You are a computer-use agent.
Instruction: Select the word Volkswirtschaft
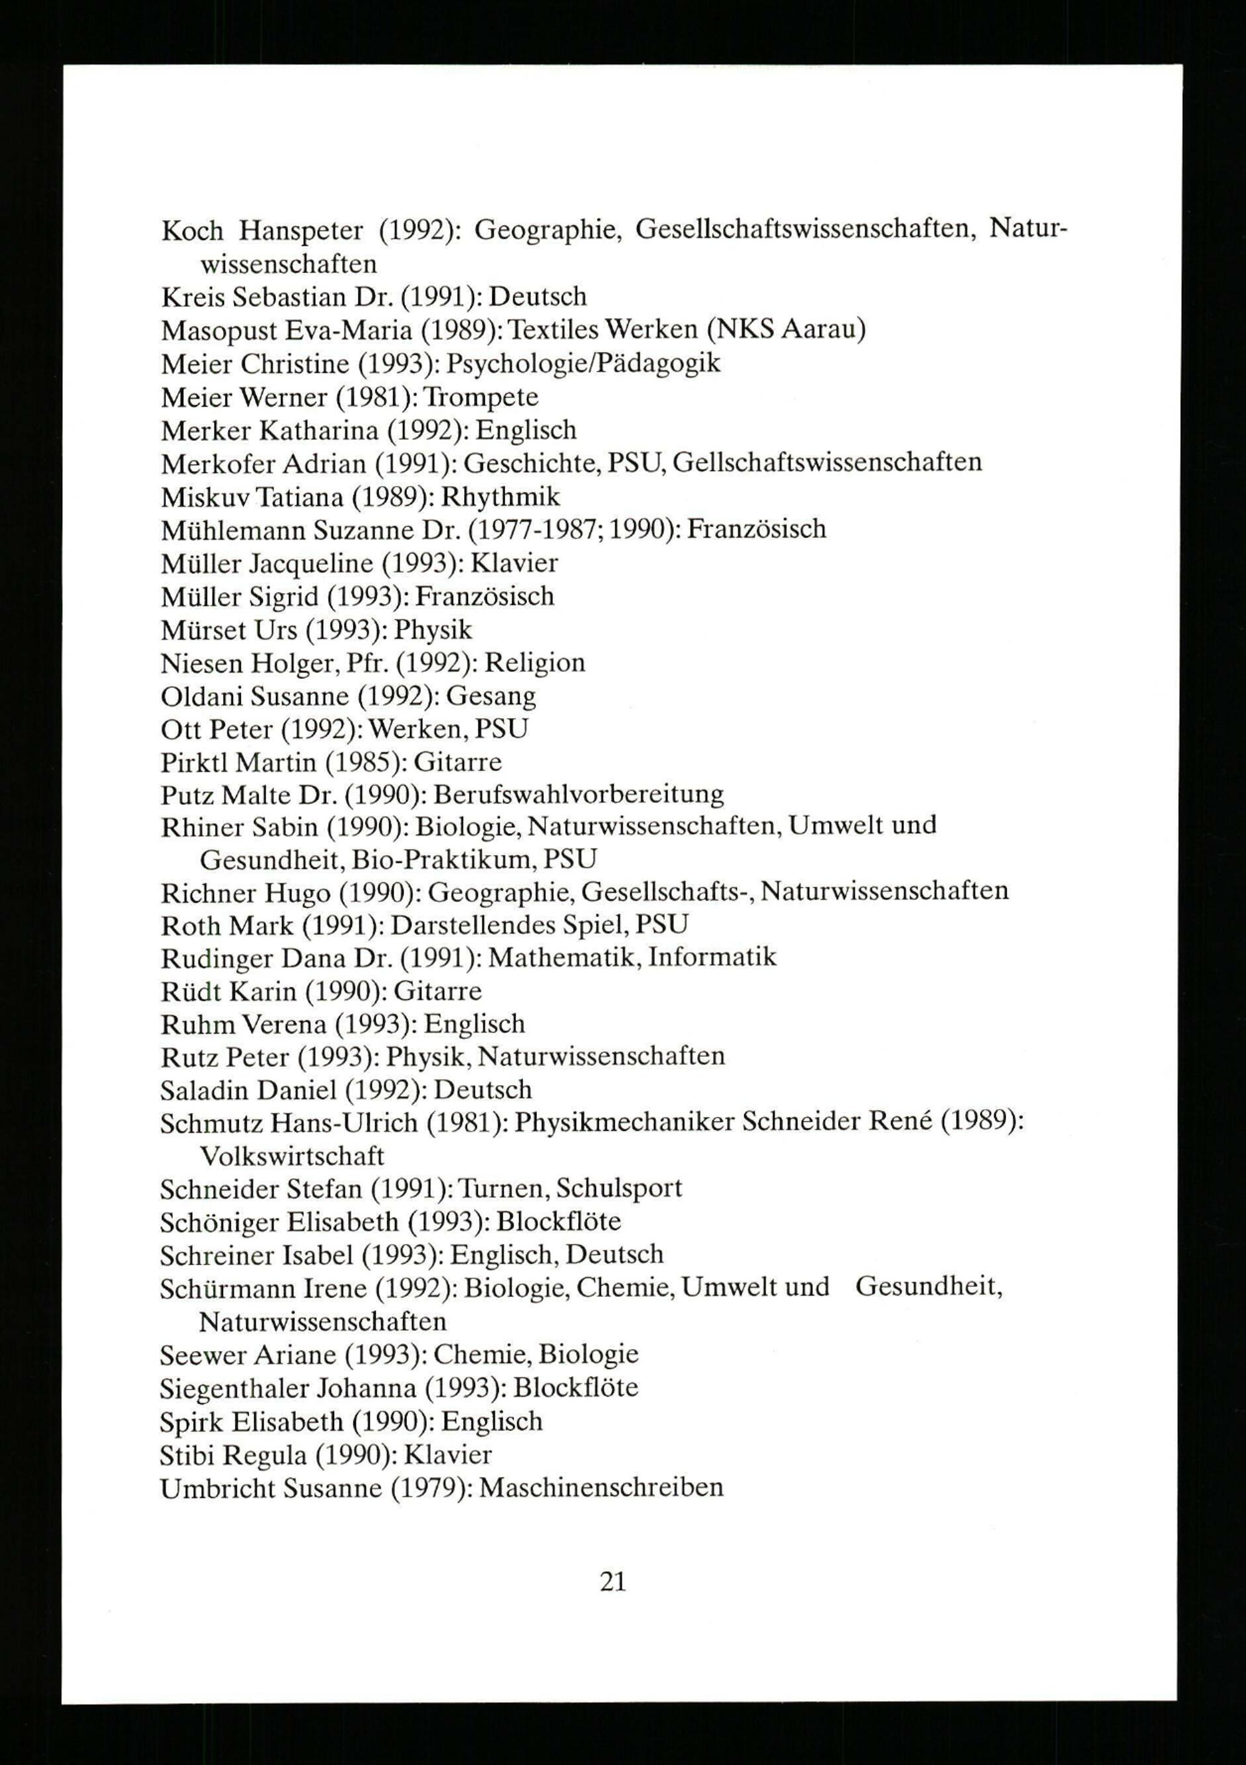tap(292, 1156)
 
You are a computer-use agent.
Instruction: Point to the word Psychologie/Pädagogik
tap(583, 363)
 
